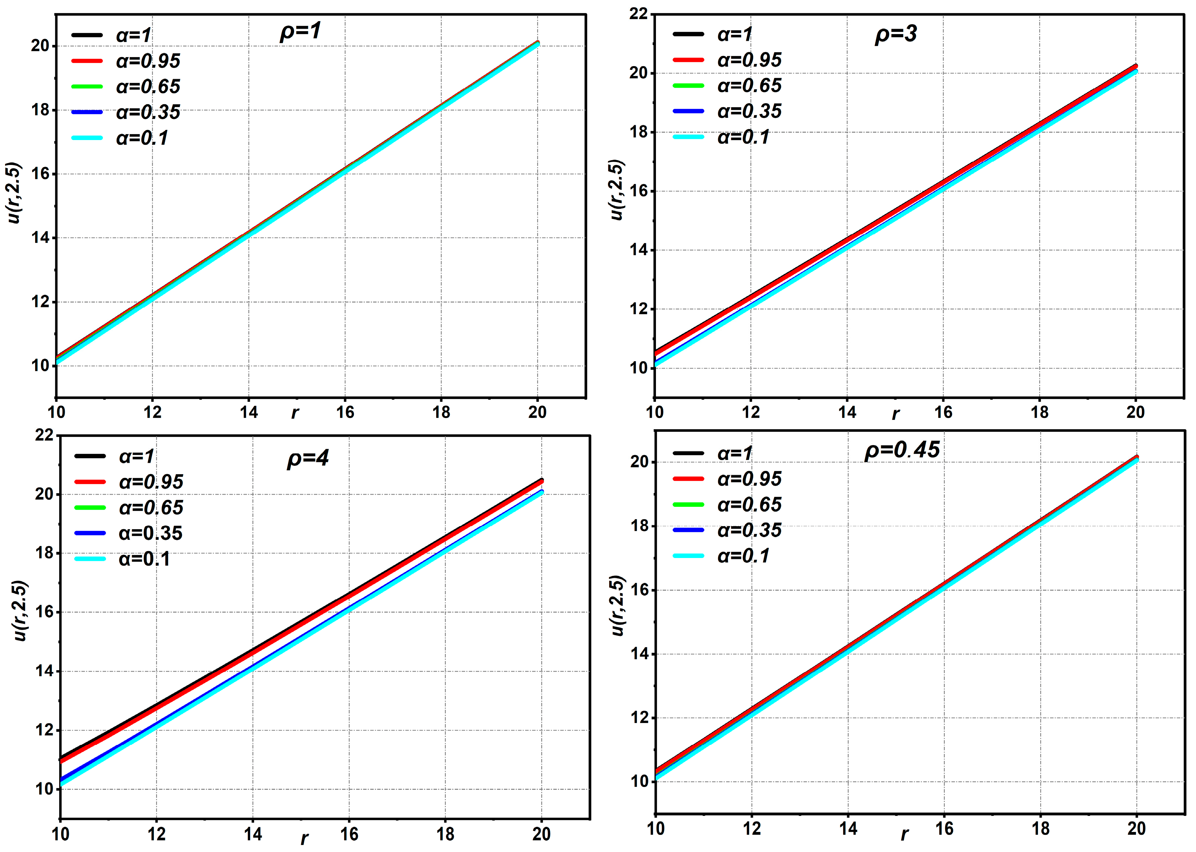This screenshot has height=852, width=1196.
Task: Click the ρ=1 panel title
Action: point(300,33)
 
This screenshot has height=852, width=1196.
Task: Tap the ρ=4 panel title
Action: point(308,459)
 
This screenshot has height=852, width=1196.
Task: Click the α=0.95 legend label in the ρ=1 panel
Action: point(148,61)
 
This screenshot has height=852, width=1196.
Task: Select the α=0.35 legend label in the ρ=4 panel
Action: point(151,534)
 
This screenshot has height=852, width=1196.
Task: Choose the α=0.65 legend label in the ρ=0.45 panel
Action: point(749,505)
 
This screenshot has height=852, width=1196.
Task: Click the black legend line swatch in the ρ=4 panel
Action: point(90,456)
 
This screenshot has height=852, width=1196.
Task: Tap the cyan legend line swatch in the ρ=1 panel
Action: point(87,138)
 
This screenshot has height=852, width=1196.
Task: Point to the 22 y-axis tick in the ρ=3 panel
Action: point(638,14)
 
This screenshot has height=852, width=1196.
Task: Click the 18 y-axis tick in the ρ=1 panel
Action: point(40,110)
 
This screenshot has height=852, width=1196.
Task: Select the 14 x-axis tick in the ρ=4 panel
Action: point(253,834)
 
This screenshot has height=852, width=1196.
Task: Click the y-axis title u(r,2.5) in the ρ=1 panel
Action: point(15,193)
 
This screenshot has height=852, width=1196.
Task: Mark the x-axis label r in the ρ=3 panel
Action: point(895,414)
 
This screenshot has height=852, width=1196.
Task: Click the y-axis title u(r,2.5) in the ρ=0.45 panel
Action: point(618,606)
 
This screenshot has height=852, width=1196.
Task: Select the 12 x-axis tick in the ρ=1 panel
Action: point(152,412)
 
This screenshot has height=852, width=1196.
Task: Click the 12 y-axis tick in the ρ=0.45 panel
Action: point(639,718)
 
